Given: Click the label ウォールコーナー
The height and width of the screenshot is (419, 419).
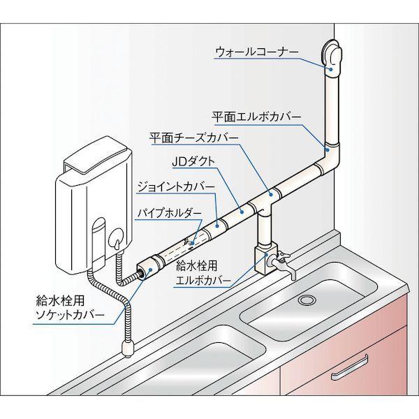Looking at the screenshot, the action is coord(256,52).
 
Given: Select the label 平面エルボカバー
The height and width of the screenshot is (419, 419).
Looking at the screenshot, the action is coord(256,117).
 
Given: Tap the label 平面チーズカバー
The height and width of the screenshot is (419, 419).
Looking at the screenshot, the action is coord(193,138).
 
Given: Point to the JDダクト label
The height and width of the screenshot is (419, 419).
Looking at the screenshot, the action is coord(193,162).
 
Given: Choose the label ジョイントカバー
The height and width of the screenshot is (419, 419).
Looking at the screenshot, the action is coord(175,187).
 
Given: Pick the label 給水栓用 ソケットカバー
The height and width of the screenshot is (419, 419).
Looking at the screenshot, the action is coord(70,308).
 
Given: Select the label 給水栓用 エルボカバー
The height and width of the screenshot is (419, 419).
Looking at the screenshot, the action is coord(203,273).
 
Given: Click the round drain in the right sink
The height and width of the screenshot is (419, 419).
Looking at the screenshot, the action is coord(307,300).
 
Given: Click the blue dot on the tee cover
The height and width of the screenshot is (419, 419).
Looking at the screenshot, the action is coord(271,195).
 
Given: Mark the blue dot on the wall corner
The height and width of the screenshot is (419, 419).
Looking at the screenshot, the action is coord(331,70).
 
